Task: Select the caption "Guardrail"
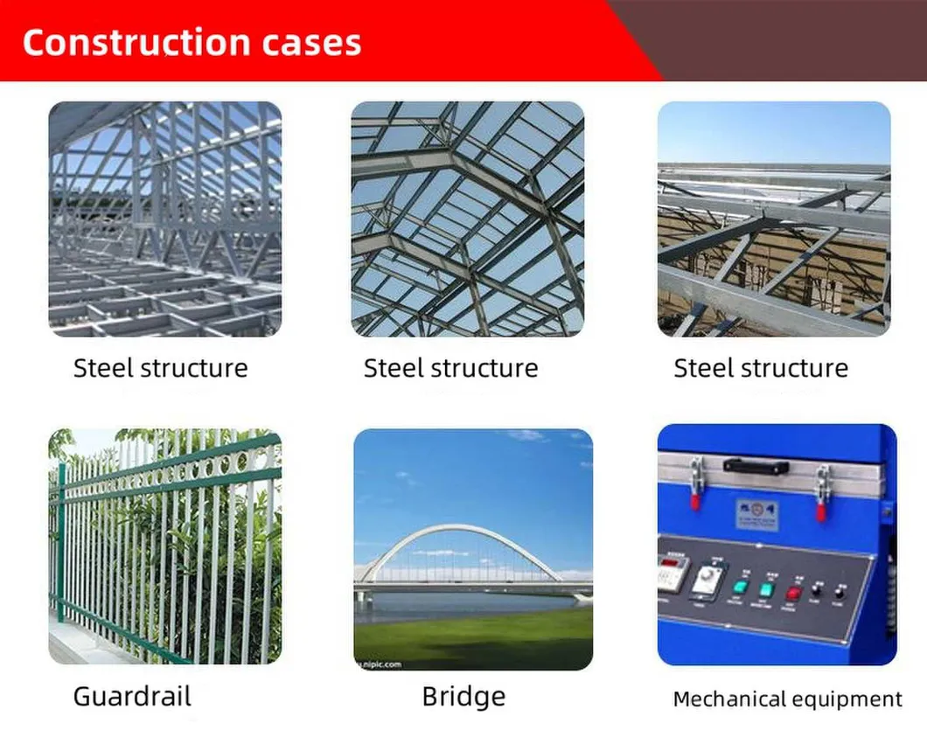click(131, 697)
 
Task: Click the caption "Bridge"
click(463, 697)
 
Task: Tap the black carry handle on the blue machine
click(756, 466)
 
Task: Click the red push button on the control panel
click(793, 592)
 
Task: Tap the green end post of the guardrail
click(61, 542)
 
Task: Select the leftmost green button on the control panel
click(740, 588)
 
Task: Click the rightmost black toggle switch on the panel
click(840, 592)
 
